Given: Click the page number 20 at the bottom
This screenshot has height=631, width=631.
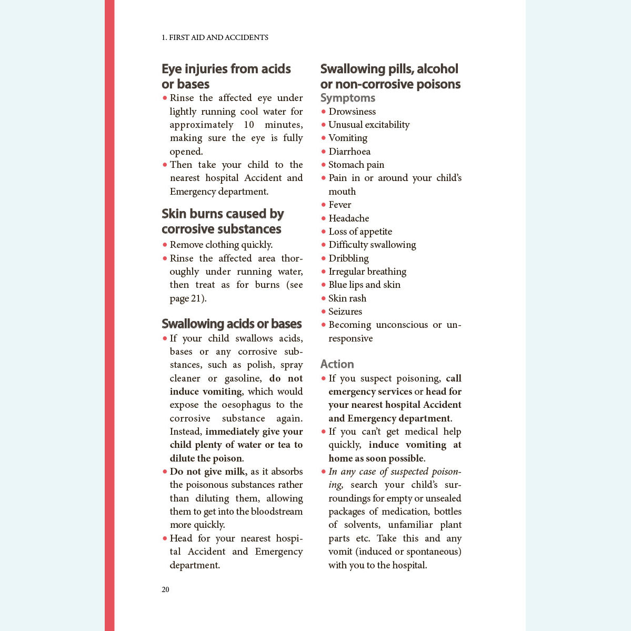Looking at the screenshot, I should click(x=165, y=589).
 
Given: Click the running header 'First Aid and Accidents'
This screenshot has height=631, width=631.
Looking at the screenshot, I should click(x=215, y=37).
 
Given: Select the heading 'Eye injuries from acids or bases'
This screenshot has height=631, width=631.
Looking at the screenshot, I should click(x=226, y=76).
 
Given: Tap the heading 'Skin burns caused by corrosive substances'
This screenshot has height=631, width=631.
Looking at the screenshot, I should click(x=222, y=221).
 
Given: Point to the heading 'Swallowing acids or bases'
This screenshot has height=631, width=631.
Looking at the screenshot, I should click(x=232, y=324).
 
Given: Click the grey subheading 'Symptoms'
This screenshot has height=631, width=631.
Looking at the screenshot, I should click(x=347, y=98).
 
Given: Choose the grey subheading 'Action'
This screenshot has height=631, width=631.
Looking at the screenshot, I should click(x=337, y=364).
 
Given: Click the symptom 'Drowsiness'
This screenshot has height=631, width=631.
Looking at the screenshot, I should click(x=352, y=112).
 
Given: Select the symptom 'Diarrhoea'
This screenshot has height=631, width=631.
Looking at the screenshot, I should click(x=349, y=152).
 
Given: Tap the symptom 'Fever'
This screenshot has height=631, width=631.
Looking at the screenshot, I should click(x=339, y=205).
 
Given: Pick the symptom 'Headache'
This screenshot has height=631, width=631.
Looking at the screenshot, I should click(x=348, y=218).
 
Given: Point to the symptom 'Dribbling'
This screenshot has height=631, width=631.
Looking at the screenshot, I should click(x=348, y=258).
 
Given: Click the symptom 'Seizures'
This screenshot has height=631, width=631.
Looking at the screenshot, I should click(x=345, y=312).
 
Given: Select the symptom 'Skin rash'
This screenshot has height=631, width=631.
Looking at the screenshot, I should click(x=347, y=298).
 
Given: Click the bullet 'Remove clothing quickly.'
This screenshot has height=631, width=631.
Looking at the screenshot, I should click(x=221, y=245).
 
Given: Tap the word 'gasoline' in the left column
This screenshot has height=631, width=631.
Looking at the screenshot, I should click(x=243, y=378).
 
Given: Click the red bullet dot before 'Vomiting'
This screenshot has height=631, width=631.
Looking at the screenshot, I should click(x=324, y=138).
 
